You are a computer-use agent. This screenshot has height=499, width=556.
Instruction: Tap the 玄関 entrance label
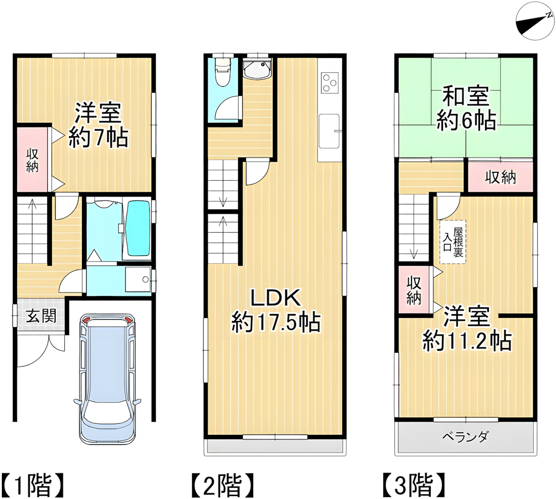[x=41, y=316]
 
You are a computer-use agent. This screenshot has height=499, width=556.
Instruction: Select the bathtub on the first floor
[x=138, y=228]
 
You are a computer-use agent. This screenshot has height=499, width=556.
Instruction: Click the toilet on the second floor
[x=223, y=72]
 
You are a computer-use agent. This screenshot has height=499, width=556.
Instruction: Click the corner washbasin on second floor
[x=256, y=69]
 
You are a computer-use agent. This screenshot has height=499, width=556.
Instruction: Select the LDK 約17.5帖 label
[x=276, y=310]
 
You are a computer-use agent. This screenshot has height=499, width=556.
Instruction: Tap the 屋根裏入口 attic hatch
[x=453, y=242]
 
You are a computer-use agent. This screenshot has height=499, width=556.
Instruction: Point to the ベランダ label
[x=465, y=437]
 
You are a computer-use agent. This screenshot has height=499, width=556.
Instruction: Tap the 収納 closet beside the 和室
[x=500, y=177]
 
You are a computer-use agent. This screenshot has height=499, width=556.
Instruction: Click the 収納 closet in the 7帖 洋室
[x=32, y=160]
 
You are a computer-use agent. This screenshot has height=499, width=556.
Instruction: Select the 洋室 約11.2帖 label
[x=467, y=329]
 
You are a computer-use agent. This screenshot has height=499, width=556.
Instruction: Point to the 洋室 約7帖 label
[x=98, y=125]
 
